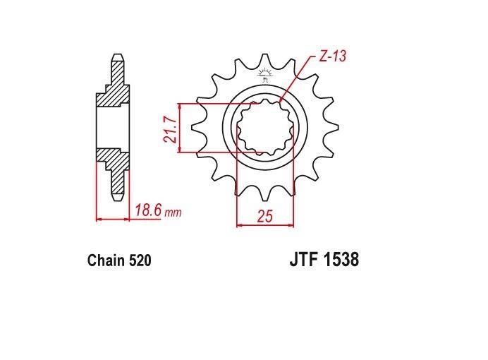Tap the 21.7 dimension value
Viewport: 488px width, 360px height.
pyautogui.click(x=170, y=128)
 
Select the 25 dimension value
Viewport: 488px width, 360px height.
pyautogui.click(x=264, y=216)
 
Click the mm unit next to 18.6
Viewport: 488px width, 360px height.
pyautogui.click(x=173, y=212)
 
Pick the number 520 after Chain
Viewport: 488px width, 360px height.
pyautogui.click(x=139, y=261)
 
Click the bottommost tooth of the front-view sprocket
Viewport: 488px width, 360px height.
pyautogui.click(x=265, y=196)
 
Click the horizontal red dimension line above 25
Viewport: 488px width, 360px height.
pyautogui.click(x=264, y=225)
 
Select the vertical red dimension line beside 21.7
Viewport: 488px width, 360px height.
pyautogui.click(x=182, y=128)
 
